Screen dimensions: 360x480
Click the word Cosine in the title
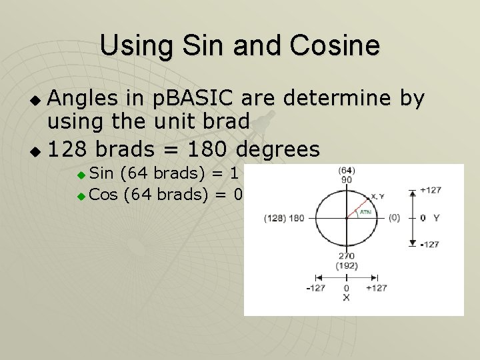point(339,46)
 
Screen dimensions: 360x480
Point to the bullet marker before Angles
point(37,101)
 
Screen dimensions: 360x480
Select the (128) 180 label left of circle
point(284,218)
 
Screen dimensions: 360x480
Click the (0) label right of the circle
point(393,217)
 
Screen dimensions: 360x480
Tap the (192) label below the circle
point(346,265)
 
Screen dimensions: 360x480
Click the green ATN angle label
point(365,213)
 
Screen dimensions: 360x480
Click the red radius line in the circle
point(359,208)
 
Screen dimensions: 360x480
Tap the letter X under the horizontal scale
point(346,297)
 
